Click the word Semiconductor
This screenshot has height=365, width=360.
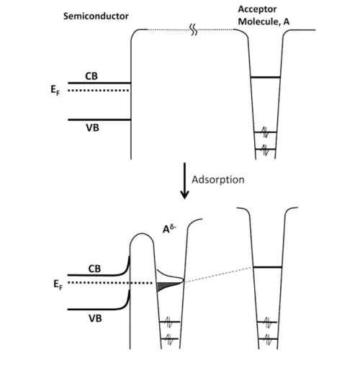tap(96, 16)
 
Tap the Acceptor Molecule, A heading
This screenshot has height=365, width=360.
tap(264, 16)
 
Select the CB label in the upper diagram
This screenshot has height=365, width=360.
tap(91, 76)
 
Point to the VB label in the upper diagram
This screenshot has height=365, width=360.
tap(92, 127)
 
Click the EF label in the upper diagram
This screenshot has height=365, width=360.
tap(55, 91)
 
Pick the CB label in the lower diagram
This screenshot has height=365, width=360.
tap(94, 269)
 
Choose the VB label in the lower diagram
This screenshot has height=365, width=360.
tap(95, 318)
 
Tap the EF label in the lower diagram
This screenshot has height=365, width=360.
tap(58, 285)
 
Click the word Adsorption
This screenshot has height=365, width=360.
tap(218, 180)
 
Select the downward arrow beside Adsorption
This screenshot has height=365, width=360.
tap(184, 181)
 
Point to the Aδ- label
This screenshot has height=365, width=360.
tap(169, 229)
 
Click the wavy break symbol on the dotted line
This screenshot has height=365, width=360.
tap(194, 30)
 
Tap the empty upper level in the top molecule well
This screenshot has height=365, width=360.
tap(265, 77)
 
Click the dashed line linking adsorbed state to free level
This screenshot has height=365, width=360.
tap(218, 274)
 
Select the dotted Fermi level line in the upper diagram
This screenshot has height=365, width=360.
tap(99, 91)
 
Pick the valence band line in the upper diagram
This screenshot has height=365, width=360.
tap(99, 120)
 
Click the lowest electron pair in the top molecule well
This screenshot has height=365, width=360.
tap(265, 150)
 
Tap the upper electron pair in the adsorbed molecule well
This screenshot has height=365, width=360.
tap(170, 322)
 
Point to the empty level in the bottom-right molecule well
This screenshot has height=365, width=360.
tap(268, 267)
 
